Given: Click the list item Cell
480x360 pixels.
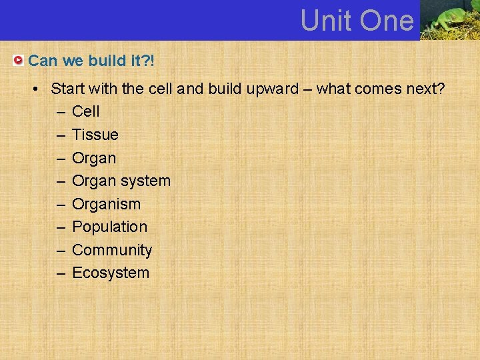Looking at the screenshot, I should click(x=85, y=111).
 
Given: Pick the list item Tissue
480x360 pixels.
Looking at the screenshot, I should click(x=95, y=135).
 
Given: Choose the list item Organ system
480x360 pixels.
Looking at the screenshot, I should click(x=121, y=181).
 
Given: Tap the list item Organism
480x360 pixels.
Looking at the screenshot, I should click(x=106, y=204).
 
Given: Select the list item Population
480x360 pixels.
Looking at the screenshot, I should click(x=109, y=227).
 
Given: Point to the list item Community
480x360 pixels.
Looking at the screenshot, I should click(x=112, y=250).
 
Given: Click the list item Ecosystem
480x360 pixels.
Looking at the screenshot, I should click(x=111, y=273).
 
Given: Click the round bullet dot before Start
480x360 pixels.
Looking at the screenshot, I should click(x=39, y=89).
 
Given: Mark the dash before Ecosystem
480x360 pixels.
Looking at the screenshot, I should click(x=60, y=273).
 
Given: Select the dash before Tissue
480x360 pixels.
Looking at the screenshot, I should click(x=60, y=135).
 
